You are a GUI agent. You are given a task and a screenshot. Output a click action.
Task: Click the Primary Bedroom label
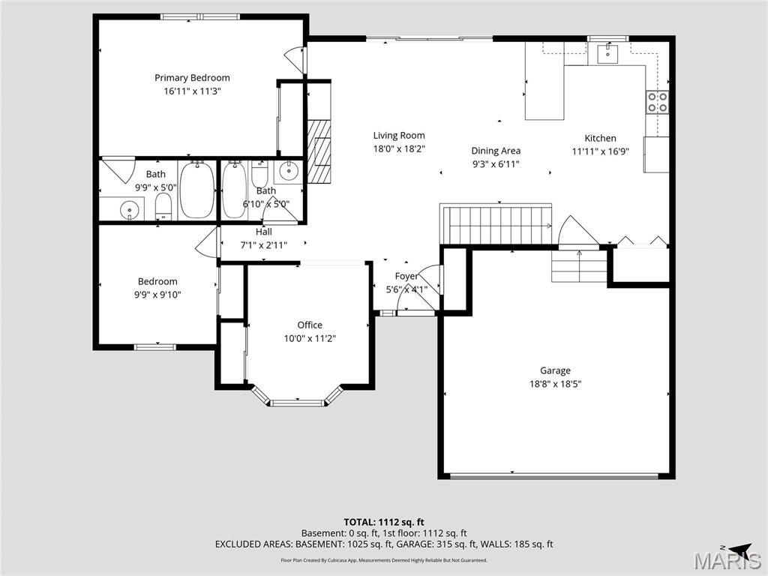pyautogui.click(x=192, y=78)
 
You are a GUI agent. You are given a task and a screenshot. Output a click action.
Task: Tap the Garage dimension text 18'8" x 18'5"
pyautogui.click(x=555, y=384)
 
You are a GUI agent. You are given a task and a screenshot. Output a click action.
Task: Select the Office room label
pyautogui.click(x=310, y=325)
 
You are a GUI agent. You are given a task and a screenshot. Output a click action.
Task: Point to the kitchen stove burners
pyautogui.click(x=658, y=102)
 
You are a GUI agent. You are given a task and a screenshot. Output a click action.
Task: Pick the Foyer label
pyautogui.click(x=406, y=276)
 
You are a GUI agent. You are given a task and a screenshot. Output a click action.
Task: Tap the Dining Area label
pyautogui.click(x=496, y=151)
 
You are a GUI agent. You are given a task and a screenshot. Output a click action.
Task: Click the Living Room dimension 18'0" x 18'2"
pyautogui.click(x=399, y=149)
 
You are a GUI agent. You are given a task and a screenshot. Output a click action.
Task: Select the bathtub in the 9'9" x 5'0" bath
pyautogui.click(x=197, y=190)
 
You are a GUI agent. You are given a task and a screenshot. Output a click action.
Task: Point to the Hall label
pyautogui.click(x=263, y=232)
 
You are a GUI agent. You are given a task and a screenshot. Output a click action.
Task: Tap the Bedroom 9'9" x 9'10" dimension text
pyautogui.click(x=157, y=295)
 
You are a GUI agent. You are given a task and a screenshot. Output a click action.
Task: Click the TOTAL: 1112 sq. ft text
pyautogui.click(x=384, y=522)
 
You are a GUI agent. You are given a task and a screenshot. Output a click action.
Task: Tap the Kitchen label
pyautogui.click(x=600, y=138)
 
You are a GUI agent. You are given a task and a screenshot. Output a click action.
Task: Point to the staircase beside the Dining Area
pyautogui.click(x=496, y=225)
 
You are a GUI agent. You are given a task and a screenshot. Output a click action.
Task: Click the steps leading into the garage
pyautogui.click(x=579, y=267)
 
